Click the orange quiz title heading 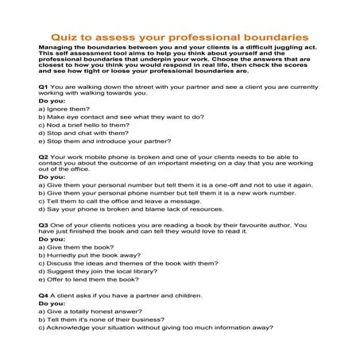pos(180,37)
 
